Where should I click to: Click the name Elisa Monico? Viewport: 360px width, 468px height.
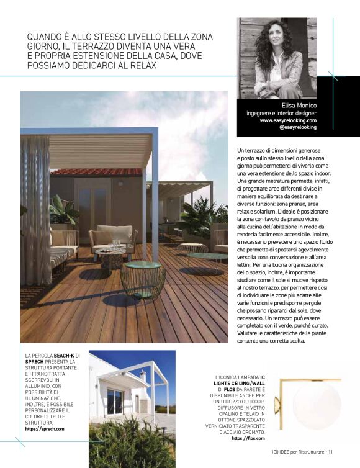(x=299, y=106)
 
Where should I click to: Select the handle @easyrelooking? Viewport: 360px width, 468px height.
(x=298, y=127)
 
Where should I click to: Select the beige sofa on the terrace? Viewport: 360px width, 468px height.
(x=112, y=236)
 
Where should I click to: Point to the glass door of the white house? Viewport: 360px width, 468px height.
(x=115, y=401)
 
